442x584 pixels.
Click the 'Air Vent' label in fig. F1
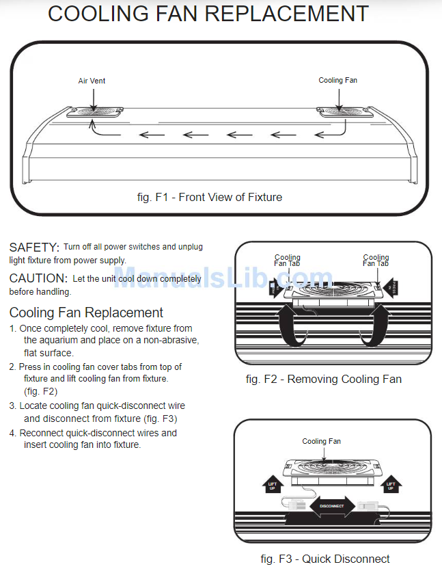click(92, 81)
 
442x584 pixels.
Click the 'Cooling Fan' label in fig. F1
click(337, 80)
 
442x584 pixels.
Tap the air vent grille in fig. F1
click(96, 111)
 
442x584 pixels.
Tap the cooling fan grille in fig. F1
click(339, 111)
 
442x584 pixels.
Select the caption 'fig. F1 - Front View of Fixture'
click(209, 197)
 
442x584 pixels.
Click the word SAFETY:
click(34, 247)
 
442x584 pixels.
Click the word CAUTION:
click(38, 278)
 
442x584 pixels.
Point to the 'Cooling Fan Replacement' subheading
click(86, 313)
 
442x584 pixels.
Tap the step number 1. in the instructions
click(13, 329)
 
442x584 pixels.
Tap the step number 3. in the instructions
click(13, 406)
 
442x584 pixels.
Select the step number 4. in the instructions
click(13, 433)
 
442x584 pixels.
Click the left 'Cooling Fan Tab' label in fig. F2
click(288, 261)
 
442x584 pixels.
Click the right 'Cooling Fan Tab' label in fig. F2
click(376, 261)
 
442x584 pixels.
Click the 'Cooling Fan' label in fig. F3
click(321, 441)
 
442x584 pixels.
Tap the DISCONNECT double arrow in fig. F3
click(331, 507)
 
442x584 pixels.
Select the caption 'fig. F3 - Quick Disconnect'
click(325, 559)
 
